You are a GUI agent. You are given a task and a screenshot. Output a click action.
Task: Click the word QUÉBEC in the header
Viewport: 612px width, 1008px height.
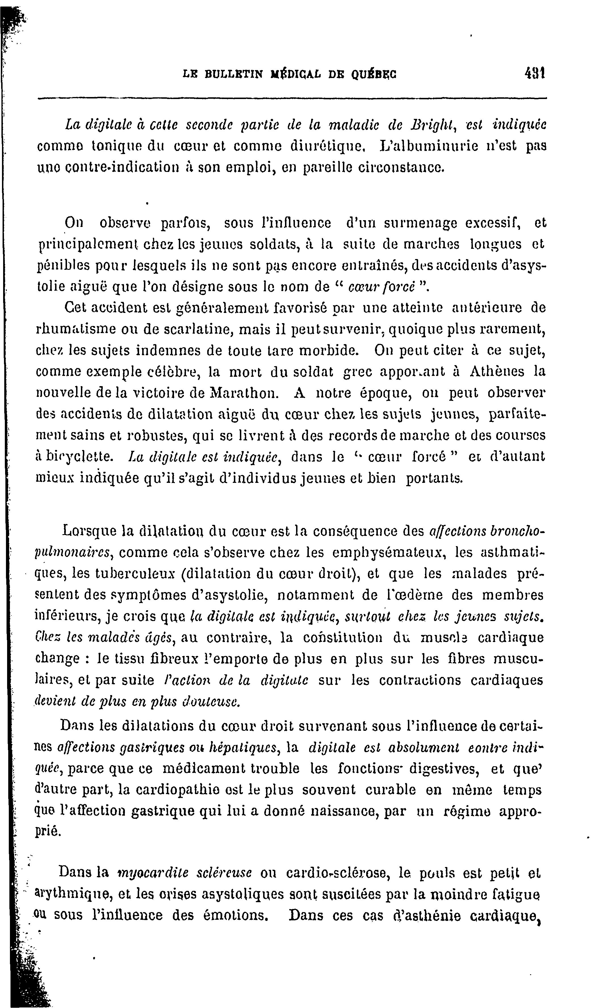374,74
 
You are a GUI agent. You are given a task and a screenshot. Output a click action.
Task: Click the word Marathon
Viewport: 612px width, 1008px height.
244,393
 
